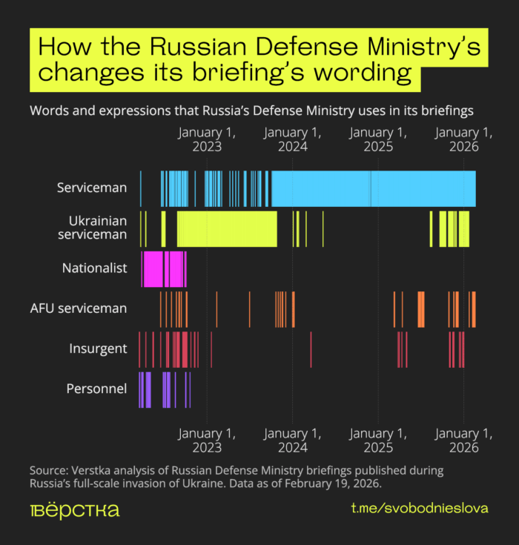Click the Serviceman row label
[92, 188]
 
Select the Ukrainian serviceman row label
[97, 228]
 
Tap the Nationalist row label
[95, 268]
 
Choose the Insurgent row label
[98, 349]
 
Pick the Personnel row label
[96, 389]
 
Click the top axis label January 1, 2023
[207, 139]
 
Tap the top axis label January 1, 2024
[292, 139]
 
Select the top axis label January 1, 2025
[378, 139]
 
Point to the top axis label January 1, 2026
[464, 139]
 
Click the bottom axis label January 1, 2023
[207, 440]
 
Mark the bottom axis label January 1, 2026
[464, 440]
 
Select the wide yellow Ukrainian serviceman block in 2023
[227, 228]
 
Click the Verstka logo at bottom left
[74, 511]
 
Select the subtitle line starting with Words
[251, 110]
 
